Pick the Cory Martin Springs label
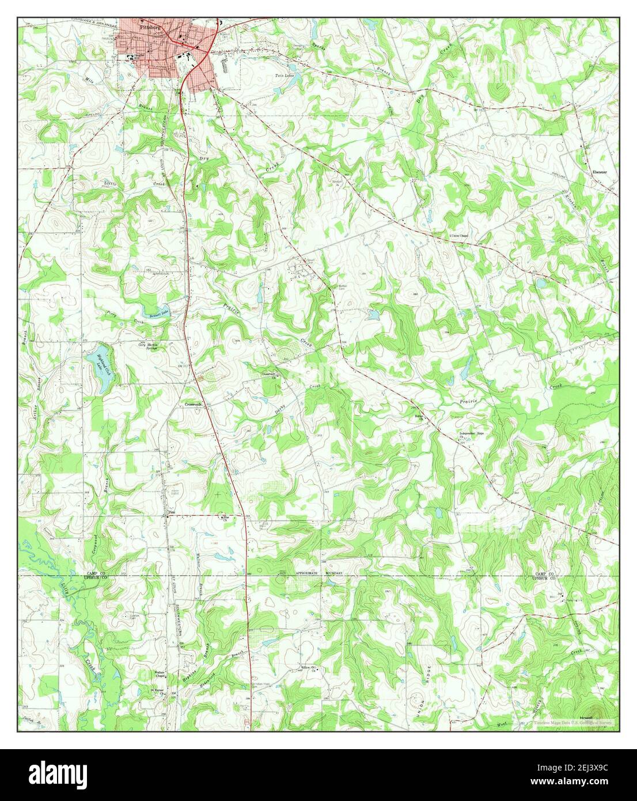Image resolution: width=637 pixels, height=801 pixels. click(148, 346)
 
